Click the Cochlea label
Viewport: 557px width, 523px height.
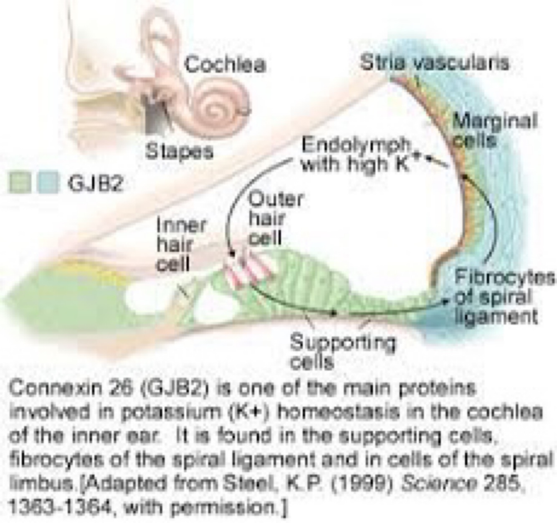click(225, 65)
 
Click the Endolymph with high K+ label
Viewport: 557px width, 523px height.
click(357, 154)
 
